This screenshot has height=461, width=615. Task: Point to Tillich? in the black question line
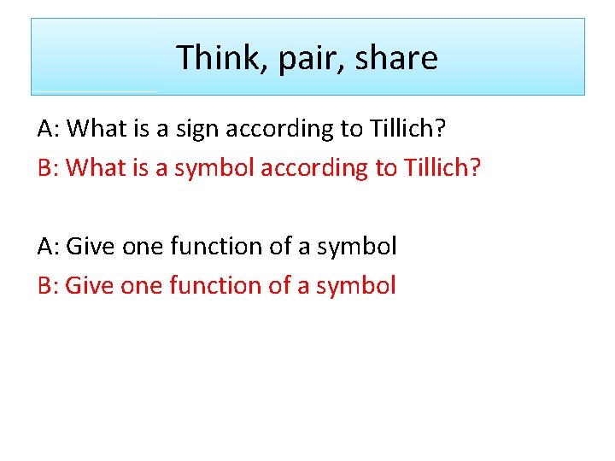[x=411, y=128]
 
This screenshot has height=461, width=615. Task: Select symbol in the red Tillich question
[x=214, y=168]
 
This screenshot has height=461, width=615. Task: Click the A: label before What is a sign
[x=48, y=128]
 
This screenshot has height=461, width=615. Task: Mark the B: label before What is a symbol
[x=48, y=167]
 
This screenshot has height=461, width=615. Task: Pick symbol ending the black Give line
[x=357, y=247]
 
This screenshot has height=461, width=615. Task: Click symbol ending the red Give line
[x=356, y=286]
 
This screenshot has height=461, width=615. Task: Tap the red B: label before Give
[x=48, y=285]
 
